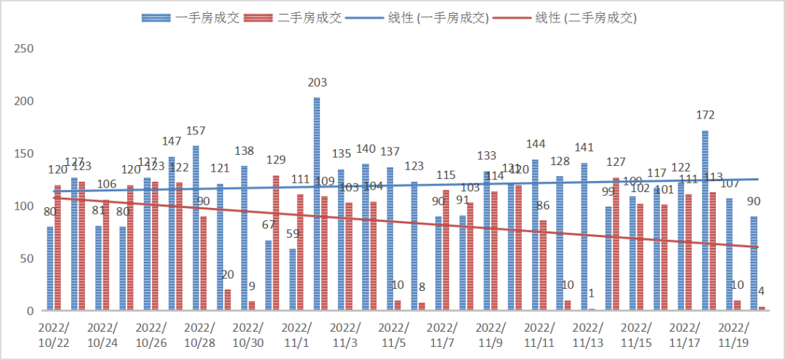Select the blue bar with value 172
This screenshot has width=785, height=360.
pos(705,220)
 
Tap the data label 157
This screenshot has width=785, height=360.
pos(196,131)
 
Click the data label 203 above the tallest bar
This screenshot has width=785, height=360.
pos(317,83)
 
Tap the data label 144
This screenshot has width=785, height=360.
pos(535,144)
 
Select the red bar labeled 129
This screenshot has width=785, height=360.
pos(276,243)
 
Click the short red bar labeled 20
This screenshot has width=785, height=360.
pos(228,300)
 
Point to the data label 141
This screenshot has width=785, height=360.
pos(584,148)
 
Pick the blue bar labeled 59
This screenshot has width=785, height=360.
pos(293,279)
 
